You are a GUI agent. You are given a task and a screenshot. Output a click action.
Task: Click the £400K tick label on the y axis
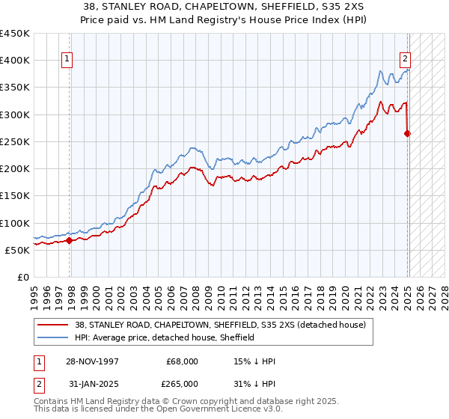coord(15,61)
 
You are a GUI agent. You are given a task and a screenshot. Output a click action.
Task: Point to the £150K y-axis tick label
coord(15,196)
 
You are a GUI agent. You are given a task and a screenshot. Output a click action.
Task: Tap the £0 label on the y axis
coord(22,278)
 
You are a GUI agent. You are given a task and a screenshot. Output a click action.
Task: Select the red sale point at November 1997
coord(70,240)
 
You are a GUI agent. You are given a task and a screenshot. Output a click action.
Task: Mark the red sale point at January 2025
coord(408,134)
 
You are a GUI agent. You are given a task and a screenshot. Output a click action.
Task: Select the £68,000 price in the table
coord(182,361)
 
